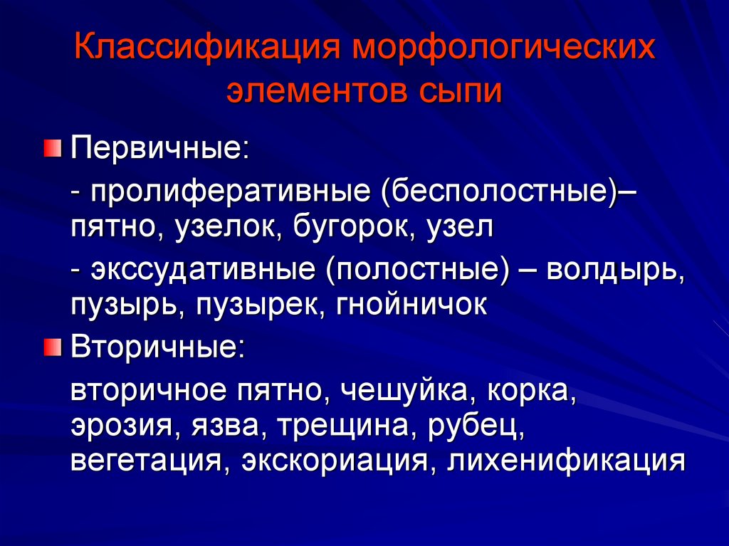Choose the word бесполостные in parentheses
click(x=498, y=192)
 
